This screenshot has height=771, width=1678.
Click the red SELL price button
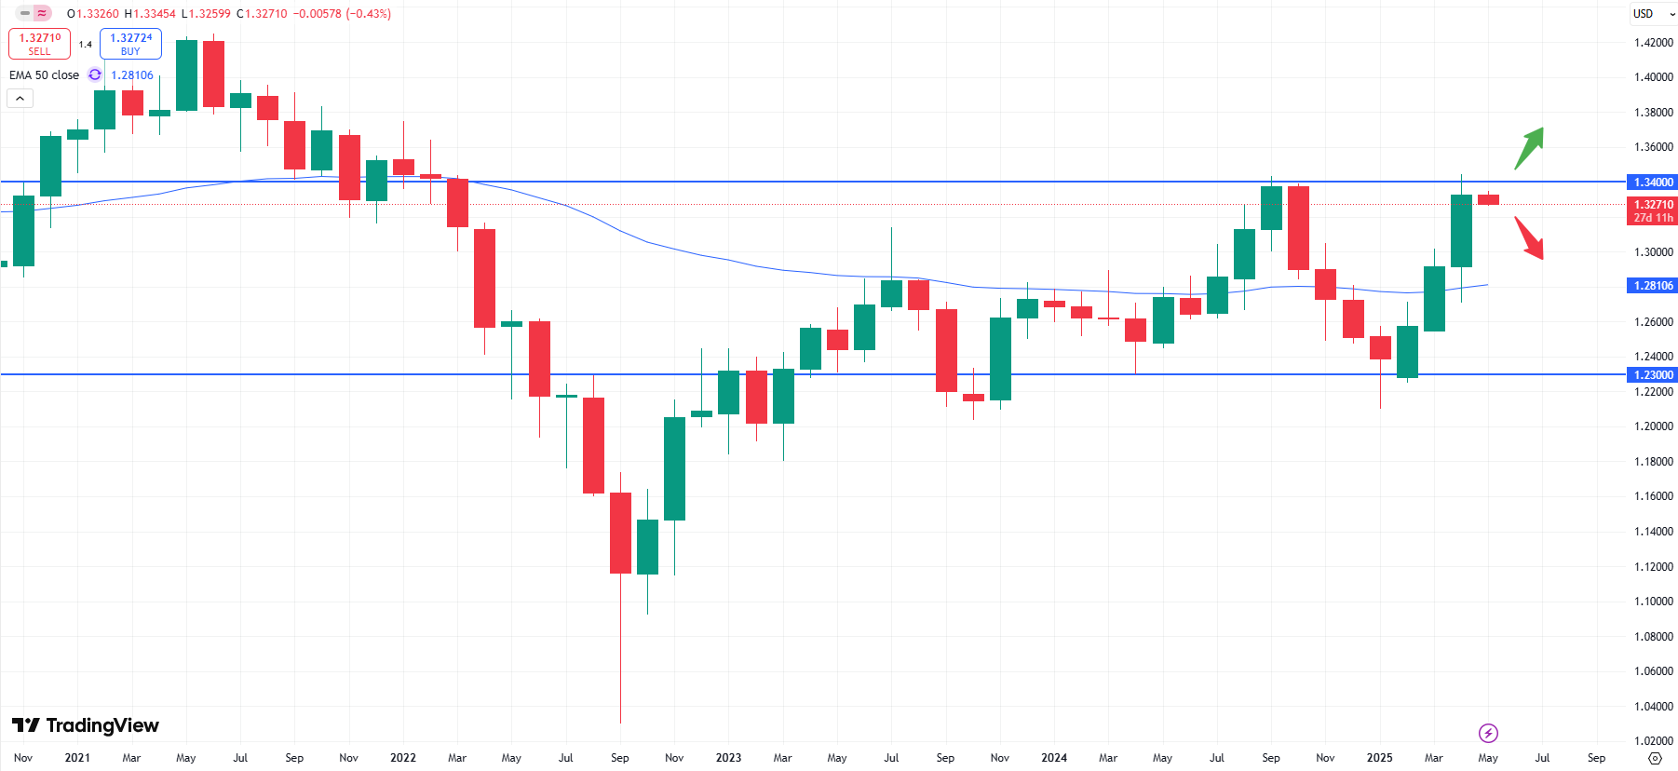point(39,44)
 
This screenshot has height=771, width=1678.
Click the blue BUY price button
point(130,44)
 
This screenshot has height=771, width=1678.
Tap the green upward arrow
point(1529,147)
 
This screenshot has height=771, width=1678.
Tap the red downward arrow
point(1529,238)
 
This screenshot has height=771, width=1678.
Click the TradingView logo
point(86,725)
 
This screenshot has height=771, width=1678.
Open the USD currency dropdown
point(1653,14)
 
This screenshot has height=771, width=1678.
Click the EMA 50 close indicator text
point(44,75)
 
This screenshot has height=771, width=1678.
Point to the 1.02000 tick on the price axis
point(1653,741)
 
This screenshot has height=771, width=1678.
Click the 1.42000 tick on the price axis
point(1653,43)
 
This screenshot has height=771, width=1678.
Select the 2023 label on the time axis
point(728,758)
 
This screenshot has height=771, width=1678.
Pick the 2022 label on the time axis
point(403,758)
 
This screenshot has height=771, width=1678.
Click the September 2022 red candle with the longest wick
point(620,533)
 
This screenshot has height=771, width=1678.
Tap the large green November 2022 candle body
point(674,468)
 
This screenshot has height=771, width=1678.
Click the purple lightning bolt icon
point(1488,733)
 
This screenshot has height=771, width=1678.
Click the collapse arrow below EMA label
point(20,98)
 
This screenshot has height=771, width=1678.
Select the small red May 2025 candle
point(1488,199)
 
